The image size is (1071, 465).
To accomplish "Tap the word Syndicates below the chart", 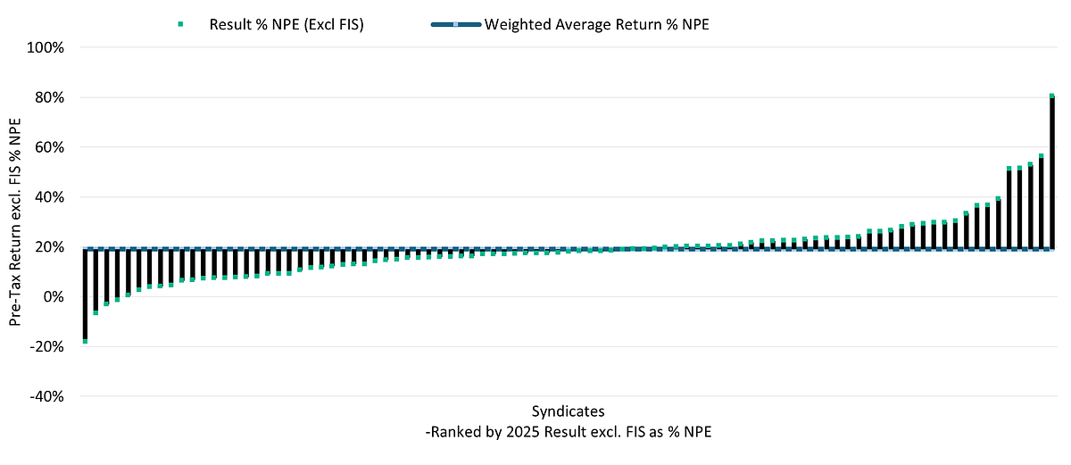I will coord(568,411).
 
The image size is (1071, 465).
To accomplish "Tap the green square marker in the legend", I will coord(181,24).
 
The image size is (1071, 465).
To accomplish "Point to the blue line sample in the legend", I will coord(456,24).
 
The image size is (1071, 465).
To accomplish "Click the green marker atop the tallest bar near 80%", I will coord(1052,95).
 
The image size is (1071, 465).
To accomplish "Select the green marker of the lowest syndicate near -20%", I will coord(85,341).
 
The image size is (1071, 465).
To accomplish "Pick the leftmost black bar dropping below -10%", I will coord(85,295).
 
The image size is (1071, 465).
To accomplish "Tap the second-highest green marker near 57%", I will coord(1042,131).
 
